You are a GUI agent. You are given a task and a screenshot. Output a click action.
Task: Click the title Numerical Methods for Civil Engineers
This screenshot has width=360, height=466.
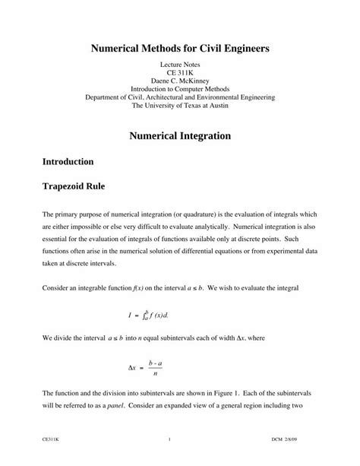coord(180,48)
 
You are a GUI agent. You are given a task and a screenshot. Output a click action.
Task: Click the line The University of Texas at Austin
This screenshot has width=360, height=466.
coord(180,106)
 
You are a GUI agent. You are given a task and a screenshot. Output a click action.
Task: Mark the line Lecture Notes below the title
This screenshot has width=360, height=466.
coord(180,68)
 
